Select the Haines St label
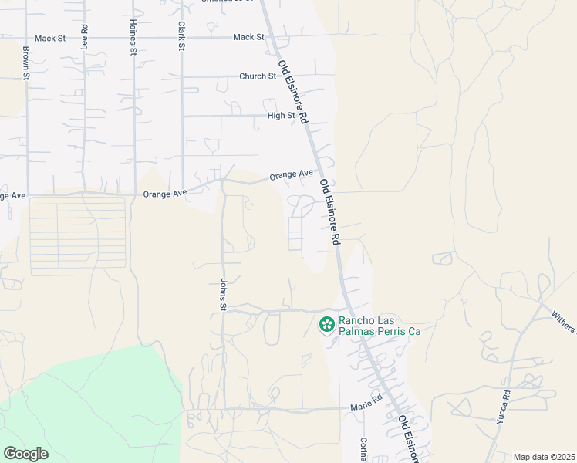click(133, 37)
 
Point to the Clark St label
click(181, 37)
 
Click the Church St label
click(258, 76)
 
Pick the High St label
click(281, 116)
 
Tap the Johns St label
click(222, 296)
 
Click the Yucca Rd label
click(506, 406)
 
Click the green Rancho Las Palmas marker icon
click(327, 325)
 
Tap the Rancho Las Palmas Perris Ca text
click(381, 326)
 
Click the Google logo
click(25, 454)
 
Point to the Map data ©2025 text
click(544, 457)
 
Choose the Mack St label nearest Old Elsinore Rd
click(248, 37)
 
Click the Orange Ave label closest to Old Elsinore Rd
click(292, 175)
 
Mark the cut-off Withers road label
click(564, 320)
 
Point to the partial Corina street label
click(363, 450)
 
